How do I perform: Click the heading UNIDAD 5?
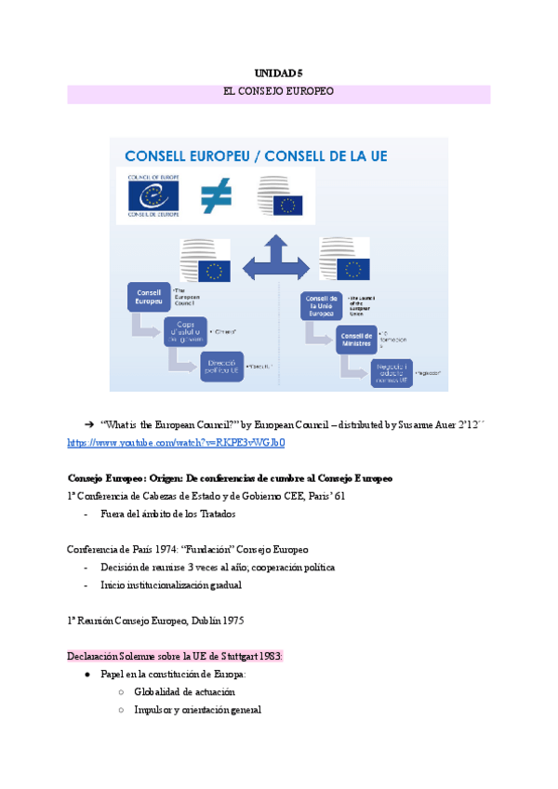click(278, 73)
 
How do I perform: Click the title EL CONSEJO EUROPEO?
click(278, 93)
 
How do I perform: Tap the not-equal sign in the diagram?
click(217, 196)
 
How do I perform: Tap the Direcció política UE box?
click(221, 366)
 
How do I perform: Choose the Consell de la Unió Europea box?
click(321, 305)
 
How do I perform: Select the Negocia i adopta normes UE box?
click(392, 372)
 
